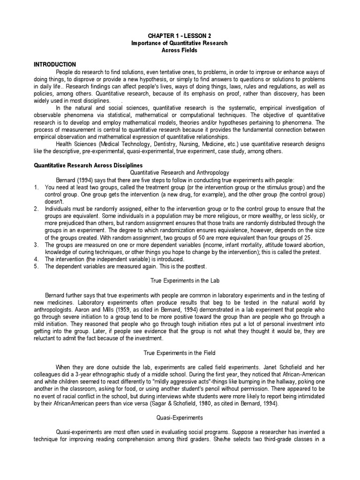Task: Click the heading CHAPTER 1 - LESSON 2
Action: tap(180, 36)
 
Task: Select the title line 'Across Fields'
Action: tap(180, 50)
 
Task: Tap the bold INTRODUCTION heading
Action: tap(54, 64)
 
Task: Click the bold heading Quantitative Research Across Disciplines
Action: tap(88, 165)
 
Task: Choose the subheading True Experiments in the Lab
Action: tap(180, 281)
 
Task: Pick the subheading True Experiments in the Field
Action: tap(180, 352)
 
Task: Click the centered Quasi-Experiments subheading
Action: tap(180, 418)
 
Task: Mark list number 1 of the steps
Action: tap(36, 187)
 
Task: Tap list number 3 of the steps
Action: tap(36, 245)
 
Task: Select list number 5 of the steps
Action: tap(36, 267)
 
